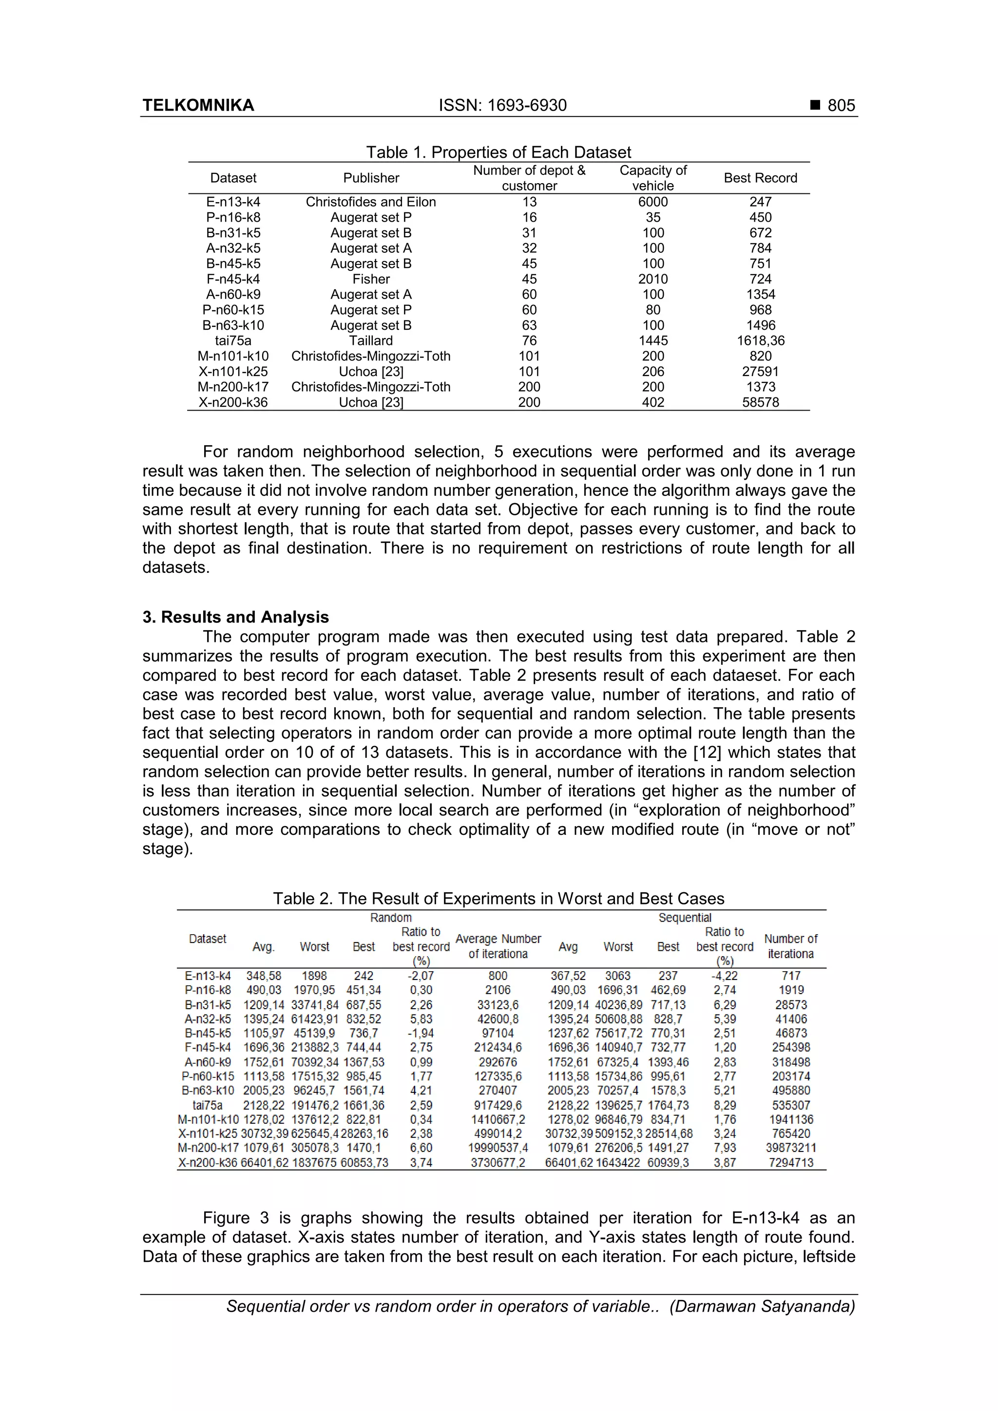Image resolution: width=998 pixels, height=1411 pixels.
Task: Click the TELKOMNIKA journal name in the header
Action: click(198, 105)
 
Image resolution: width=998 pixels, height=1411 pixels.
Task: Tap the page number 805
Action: click(841, 105)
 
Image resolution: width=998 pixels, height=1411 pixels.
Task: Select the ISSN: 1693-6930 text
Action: click(502, 105)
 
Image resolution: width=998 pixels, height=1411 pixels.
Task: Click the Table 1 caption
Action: click(498, 152)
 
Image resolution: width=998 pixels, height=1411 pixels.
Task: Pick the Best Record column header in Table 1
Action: click(760, 178)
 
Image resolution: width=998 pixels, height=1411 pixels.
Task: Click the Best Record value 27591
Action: click(760, 371)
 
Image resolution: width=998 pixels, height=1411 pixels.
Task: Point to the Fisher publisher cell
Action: click(371, 279)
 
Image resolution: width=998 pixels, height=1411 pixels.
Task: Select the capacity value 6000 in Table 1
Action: click(653, 202)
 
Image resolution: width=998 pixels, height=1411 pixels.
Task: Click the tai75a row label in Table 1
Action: click(233, 340)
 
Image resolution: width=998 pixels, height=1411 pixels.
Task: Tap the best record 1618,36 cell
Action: click(760, 340)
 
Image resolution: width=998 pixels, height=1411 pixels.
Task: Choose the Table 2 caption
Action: click(498, 899)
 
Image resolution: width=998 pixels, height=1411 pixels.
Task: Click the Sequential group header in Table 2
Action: click(684, 918)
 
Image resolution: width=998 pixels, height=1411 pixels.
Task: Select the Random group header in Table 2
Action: click(390, 918)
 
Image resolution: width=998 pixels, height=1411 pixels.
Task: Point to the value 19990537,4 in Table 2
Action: click(498, 1148)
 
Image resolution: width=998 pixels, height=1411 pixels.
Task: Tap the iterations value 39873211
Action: click(791, 1148)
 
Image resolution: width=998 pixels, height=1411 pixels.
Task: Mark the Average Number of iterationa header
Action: click(498, 946)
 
